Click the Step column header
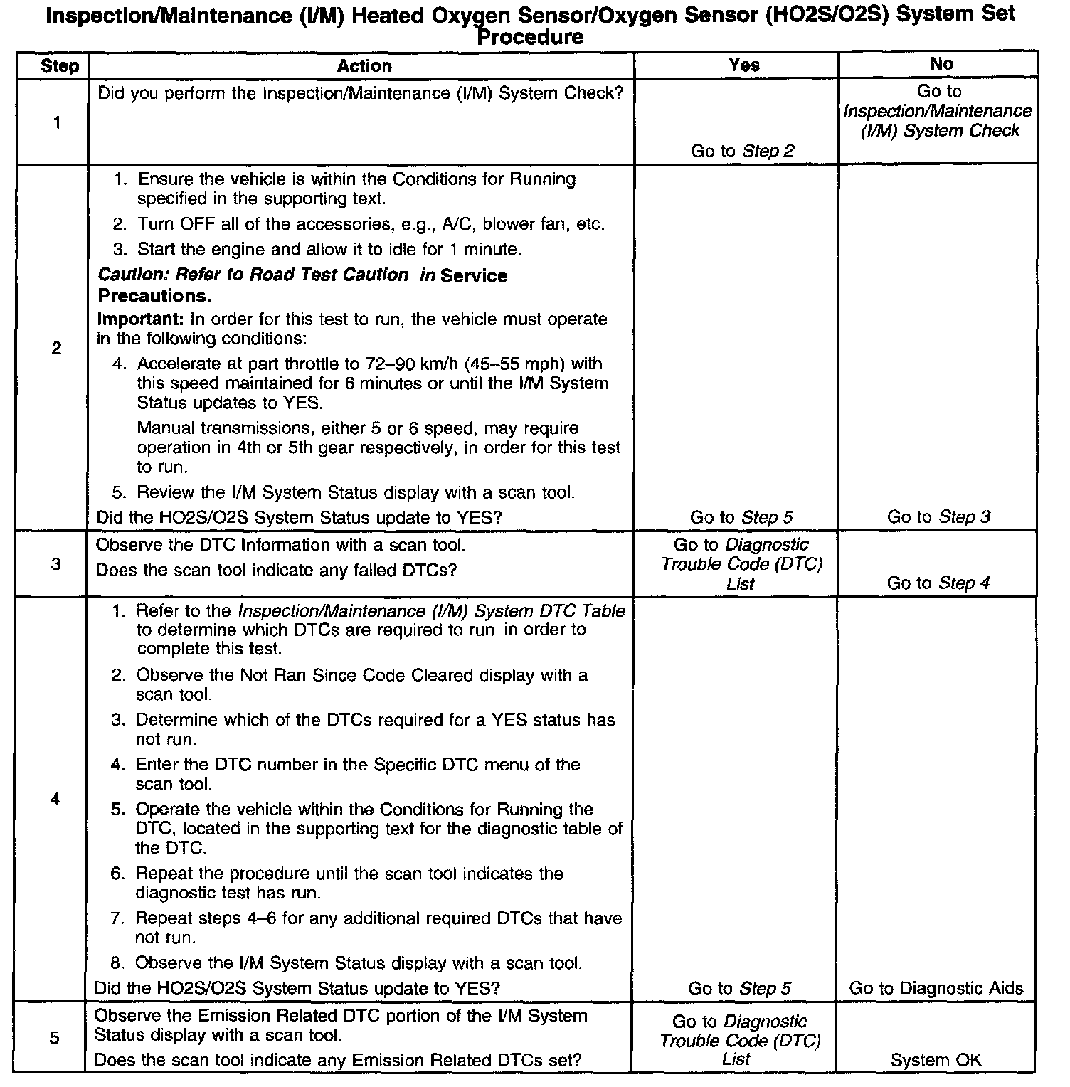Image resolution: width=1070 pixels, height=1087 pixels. (x=60, y=66)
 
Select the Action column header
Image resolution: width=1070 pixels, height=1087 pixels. (x=364, y=66)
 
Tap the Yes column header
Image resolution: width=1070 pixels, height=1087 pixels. (x=744, y=65)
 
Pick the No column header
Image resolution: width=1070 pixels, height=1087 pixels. (x=941, y=64)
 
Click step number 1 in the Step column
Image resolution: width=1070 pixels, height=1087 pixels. (x=57, y=123)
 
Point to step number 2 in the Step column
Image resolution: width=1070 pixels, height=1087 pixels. (x=57, y=349)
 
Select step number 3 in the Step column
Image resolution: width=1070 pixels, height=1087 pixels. (x=56, y=565)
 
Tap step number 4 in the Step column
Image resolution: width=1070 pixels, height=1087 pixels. (x=55, y=800)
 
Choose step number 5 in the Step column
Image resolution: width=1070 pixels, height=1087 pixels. (x=55, y=1039)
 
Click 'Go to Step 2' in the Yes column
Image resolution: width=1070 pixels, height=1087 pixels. (x=742, y=151)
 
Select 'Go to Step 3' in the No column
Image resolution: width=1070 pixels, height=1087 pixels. (x=938, y=517)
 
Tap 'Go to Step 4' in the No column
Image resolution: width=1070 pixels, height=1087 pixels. (x=938, y=583)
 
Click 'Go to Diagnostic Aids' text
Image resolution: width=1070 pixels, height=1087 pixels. (x=936, y=988)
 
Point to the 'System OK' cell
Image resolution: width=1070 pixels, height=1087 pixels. (x=936, y=1060)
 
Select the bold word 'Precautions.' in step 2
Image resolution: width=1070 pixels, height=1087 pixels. (x=154, y=296)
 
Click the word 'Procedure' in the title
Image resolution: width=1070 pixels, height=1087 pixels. (x=531, y=37)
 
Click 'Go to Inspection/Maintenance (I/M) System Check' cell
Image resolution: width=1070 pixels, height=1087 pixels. (x=938, y=111)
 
